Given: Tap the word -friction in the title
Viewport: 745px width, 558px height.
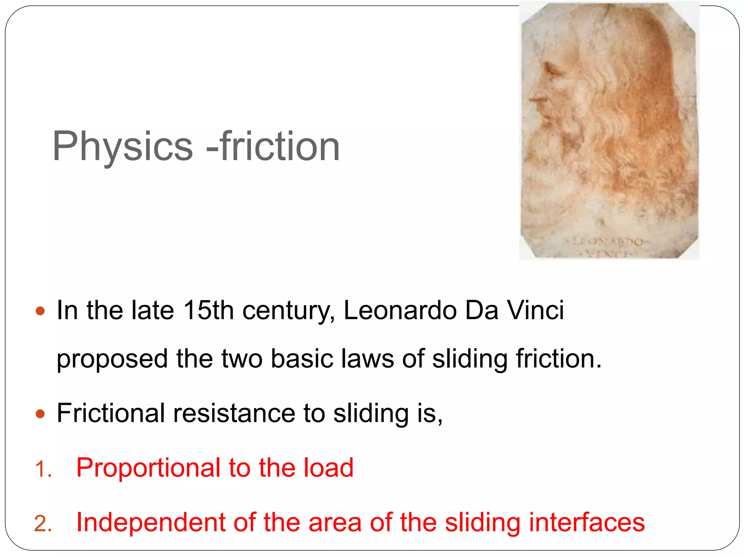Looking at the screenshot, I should pyautogui.click(x=273, y=146).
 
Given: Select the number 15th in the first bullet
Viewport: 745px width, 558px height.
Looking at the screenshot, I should pyautogui.click(x=208, y=311).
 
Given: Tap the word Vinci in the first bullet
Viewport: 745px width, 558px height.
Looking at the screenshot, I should pyautogui.click(x=535, y=311).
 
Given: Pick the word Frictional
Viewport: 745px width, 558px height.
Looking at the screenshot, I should pyautogui.click(x=111, y=413).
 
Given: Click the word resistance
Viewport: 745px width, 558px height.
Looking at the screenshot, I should pyautogui.click(x=234, y=413).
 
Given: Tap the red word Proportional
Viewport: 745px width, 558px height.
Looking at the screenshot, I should pyautogui.click(x=148, y=468).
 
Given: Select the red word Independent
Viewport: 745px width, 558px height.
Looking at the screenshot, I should pyautogui.click(x=151, y=522).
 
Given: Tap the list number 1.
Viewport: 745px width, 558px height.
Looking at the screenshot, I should pyautogui.click(x=43, y=469).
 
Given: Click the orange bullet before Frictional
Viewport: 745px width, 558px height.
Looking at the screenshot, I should pyautogui.click(x=40, y=414).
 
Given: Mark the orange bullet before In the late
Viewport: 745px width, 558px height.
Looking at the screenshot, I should pyautogui.click(x=40, y=311).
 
